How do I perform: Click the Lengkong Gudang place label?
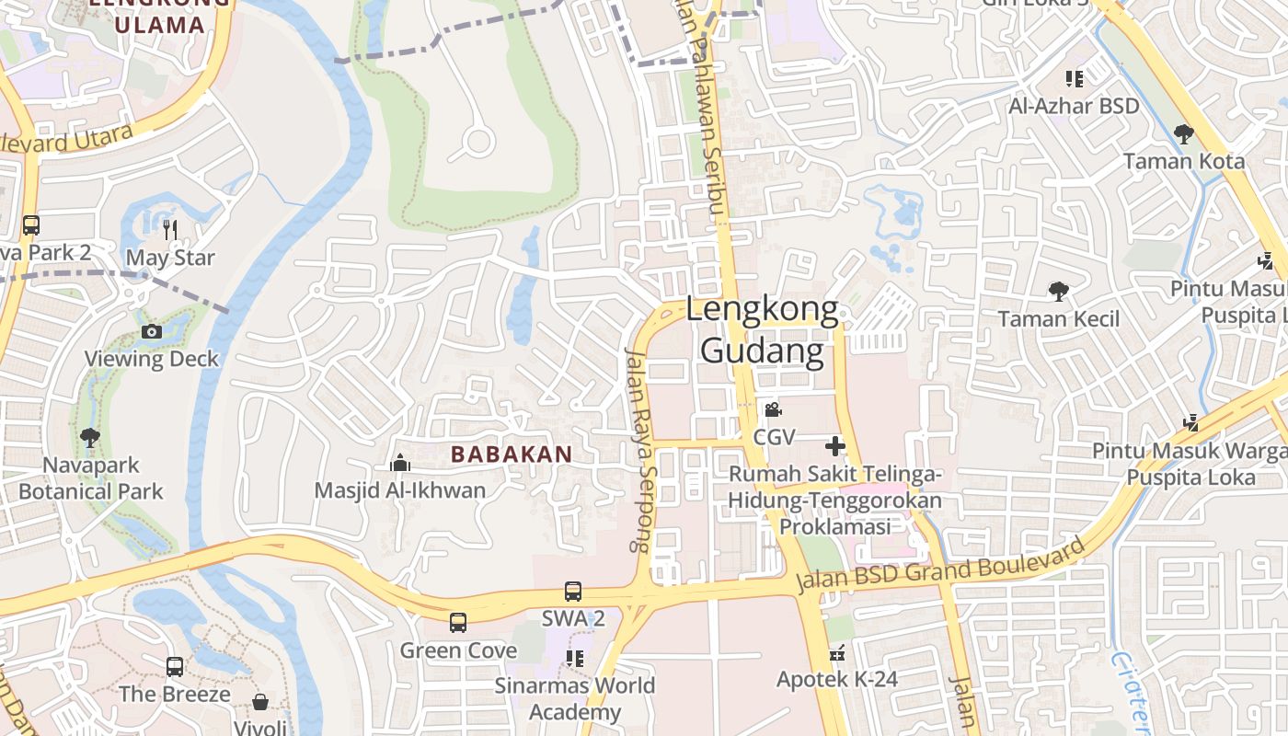click(x=763, y=331)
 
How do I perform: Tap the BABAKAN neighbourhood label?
click(x=512, y=454)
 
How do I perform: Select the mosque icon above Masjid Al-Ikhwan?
click(x=399, y=464)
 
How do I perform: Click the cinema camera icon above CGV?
click(x=773, y=409)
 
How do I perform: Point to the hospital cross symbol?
click(x=835, y=447)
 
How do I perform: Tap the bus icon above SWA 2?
click(x=572, y=592)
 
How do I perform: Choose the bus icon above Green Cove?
click(x=458, y=623)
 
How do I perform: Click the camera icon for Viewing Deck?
click(x=152, y=331)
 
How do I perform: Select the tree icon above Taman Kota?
click(x=1184, y=134)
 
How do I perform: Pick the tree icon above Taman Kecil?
click(x=1059, y=292)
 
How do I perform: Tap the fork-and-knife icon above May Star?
click(x=170, y=230)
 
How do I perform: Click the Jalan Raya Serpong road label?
click(x=638, y=449)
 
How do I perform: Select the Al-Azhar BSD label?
click(x=1074, y=106)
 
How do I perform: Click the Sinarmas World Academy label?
click(x=575, y=698)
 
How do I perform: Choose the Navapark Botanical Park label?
click(x=90, y=478)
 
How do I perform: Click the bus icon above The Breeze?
click(x=175, y=667)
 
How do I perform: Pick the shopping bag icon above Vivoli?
click(x=260, y=703)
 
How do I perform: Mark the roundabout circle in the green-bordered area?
click(x=477, y=142)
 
